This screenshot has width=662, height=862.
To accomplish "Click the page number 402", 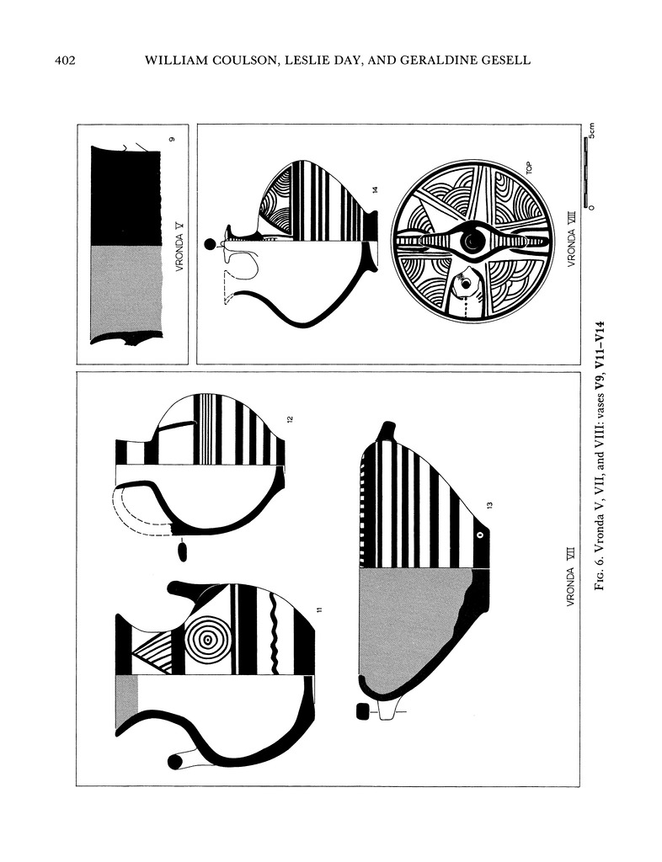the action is [x=65, y=61].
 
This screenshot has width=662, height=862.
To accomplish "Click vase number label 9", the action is [x=172, y=141].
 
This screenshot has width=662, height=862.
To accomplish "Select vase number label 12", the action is [x=290, y=419].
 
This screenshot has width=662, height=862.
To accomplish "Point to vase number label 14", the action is [x=376, y=190].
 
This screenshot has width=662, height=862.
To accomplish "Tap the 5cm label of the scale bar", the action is [x=591, y=130].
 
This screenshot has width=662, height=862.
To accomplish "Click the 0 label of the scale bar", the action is [x=591, y=207].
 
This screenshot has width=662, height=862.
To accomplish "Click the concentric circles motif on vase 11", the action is [x=206, y=640].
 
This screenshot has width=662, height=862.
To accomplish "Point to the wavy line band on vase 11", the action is [x=274, y=634].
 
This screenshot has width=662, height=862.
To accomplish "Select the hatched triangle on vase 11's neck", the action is [x=154, y=651].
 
